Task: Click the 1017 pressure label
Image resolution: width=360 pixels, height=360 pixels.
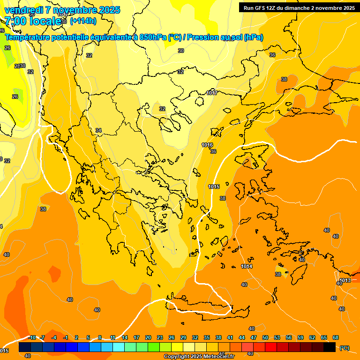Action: tap(212, 93)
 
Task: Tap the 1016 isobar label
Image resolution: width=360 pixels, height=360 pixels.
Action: tap(207, 145)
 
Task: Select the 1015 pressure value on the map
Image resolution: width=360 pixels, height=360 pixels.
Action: tap(214, 187)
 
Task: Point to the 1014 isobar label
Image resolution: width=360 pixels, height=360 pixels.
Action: tap(247, 266)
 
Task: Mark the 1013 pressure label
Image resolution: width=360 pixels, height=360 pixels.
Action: tap(345, 280)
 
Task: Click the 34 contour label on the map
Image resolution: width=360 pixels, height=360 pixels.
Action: tap(98, 130)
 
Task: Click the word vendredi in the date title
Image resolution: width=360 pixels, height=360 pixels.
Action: tap(23, 10)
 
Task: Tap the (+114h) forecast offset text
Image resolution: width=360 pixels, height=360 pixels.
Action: tap(83, 21)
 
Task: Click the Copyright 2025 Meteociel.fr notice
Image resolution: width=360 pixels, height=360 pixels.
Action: tap(199, 356)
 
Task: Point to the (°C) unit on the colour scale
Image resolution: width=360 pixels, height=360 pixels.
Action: tap(344, 348)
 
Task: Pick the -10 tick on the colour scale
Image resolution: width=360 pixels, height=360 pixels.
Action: tap(32, 337)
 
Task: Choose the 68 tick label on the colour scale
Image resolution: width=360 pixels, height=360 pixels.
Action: tap(336, 337)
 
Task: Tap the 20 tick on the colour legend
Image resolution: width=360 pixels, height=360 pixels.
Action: tap(148, 337)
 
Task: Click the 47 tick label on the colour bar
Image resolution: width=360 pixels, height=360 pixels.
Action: tap(254, 337)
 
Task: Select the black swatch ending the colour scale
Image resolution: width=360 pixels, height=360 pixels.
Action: tap(330, 347)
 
